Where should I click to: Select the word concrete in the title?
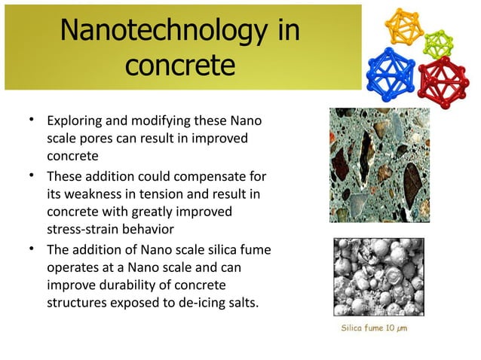tap(179, 66)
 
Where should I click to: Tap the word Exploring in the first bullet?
tap(76, 121)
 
